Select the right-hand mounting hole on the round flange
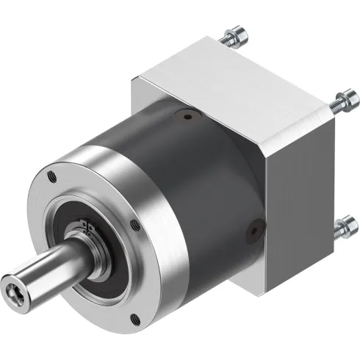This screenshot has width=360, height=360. [132, 224]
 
